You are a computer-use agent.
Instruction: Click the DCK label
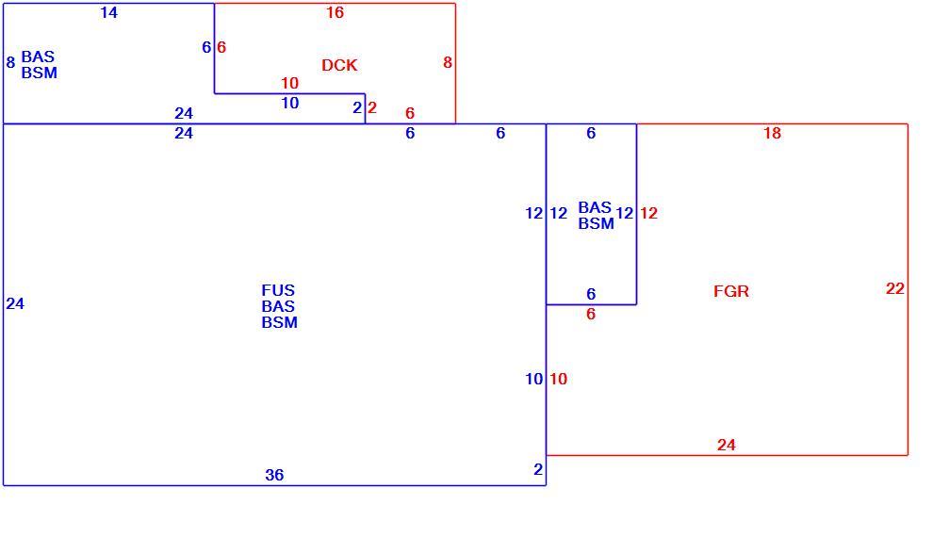[339, 65]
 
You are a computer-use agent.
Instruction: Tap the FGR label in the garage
[731, 291]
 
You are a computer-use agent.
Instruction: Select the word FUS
[278, 290]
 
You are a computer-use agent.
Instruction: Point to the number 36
[274, 475]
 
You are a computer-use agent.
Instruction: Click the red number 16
[335, 12]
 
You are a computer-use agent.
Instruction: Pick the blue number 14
[109, 12]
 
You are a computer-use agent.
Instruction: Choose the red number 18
[773, 133]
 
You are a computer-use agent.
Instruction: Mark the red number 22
[895, 288]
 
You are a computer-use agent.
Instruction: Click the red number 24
[727, 445]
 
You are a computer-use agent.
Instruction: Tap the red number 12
[648, 213]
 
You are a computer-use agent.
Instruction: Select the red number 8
[448, 62]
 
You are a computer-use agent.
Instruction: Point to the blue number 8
[10, 62]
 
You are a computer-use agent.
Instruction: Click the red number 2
[372, 107]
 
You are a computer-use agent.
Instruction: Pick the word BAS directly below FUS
[278, 306]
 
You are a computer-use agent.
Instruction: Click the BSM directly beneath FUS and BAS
[279, 322]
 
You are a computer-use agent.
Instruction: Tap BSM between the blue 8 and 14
[40, 73]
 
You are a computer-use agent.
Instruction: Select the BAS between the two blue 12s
[595, 207]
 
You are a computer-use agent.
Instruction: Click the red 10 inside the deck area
[289, 83]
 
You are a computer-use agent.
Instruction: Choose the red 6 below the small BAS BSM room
[591, 314]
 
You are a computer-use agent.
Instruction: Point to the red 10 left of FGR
[558, 379]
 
